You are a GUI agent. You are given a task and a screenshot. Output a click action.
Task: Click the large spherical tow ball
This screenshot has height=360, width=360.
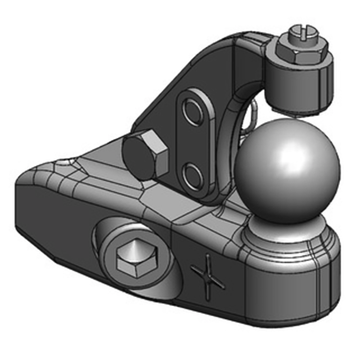point(287,171)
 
